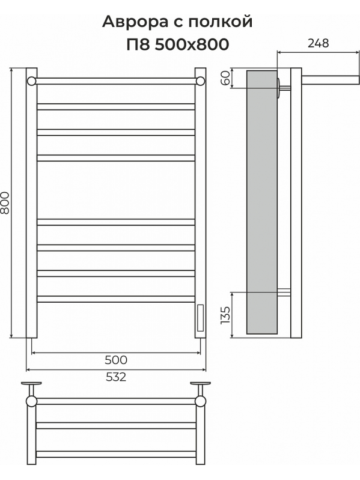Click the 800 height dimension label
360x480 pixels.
click(x=5, y=202)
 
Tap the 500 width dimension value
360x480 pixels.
click(x=116, y=360)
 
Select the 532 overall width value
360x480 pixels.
click(x=116, y=377)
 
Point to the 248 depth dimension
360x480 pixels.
click(x=319, y=43)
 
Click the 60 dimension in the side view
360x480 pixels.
click(x=225, y=78)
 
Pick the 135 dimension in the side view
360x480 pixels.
click(x=225, y=315)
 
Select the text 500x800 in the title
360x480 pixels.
click(x=192, y=44)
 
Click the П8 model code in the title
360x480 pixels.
click(x=138, y=44)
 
